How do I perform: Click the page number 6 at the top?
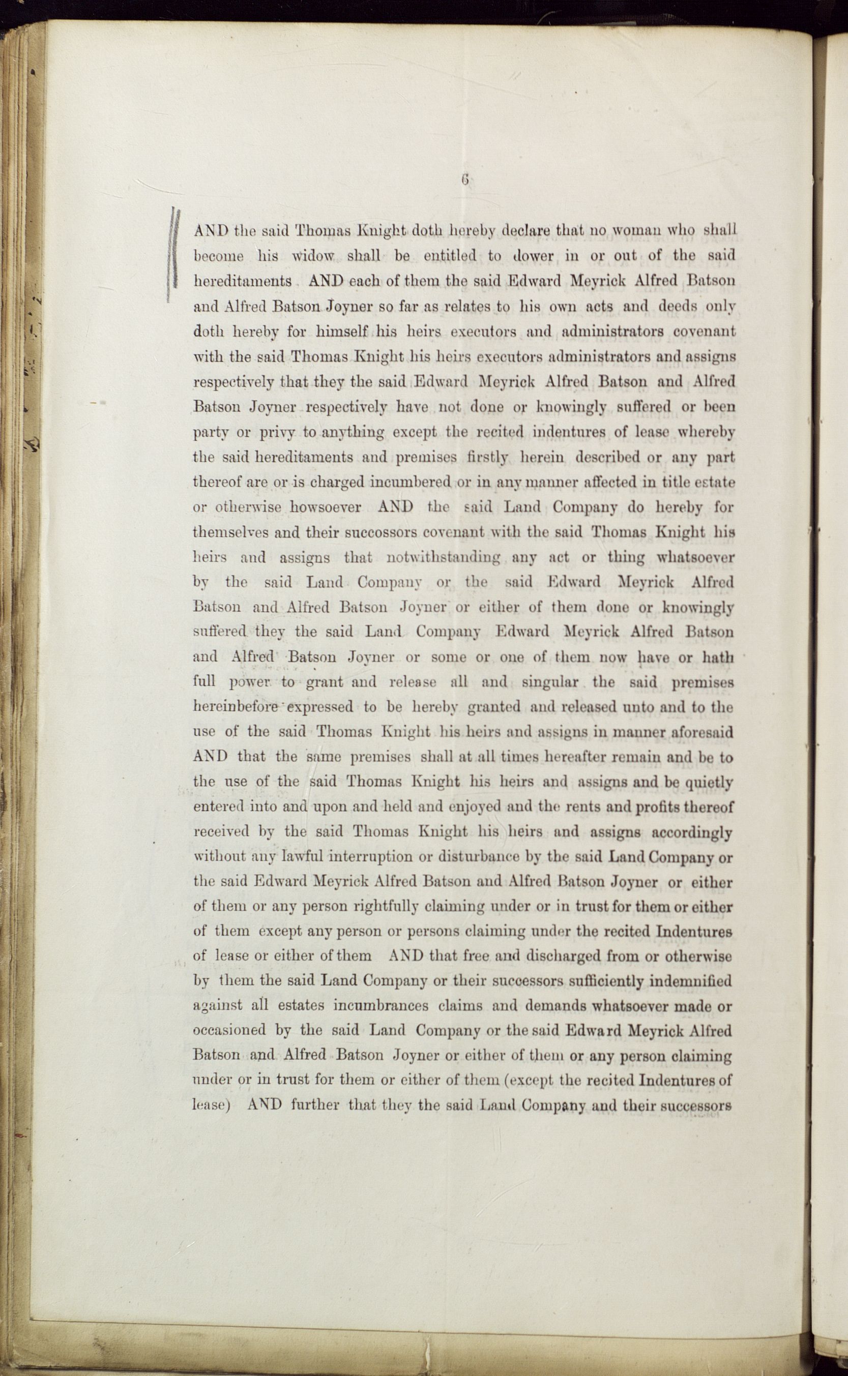pos(465,180)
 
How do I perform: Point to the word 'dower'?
pos(533,256)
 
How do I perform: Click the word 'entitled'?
pos(450,256)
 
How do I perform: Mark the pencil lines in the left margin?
pos(174,255)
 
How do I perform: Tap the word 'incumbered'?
pos(411,482)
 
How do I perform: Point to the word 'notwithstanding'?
pos(443,558)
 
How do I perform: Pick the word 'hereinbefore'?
pos(236,707)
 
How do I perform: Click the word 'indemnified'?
pos(688,981)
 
